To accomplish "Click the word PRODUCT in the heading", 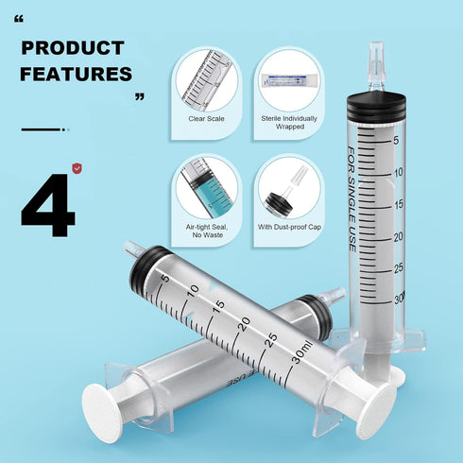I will pyautogui.click(x=72, y=47).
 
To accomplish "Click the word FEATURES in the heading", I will pyautogui.click(x=76, y=73).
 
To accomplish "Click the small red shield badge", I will pyautogui.click(x=77, y=169).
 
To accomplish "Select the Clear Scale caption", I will pyautogui.click(x=206, y=118).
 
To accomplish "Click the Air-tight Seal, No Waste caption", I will pyautogui.click(x=206, y=231).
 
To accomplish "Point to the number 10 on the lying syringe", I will pyautogui.click(x=194, y=293).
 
